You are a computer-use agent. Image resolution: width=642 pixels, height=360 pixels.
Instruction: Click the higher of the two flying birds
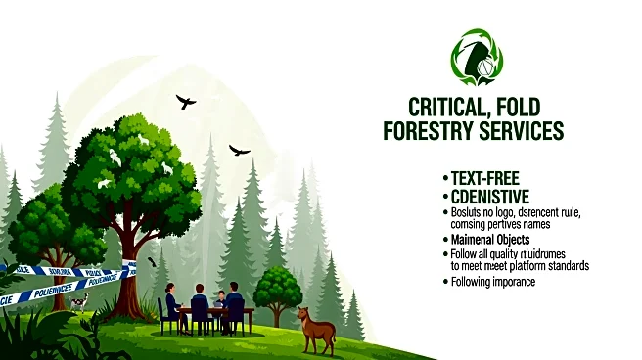pos(186,101)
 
